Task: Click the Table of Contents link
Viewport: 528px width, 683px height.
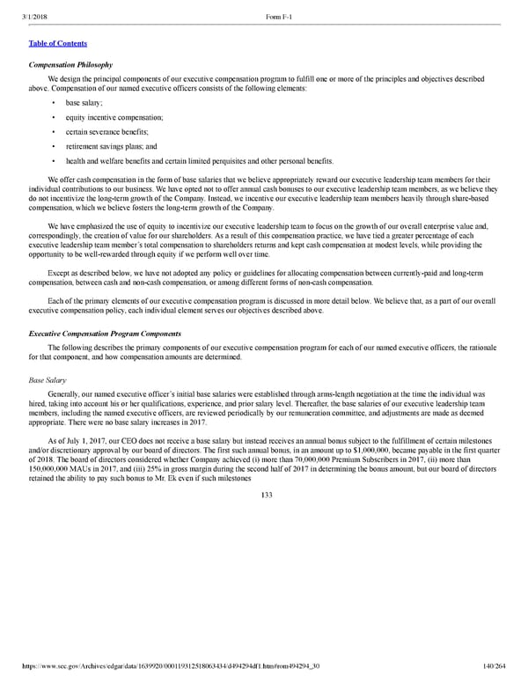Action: tap(58, 43)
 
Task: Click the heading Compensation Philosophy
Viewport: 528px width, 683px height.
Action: tap(70, 64)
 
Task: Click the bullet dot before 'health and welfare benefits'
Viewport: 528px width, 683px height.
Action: tap(55, 162)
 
